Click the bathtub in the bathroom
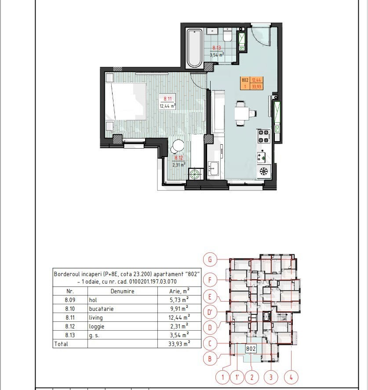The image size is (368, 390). click(194, 48)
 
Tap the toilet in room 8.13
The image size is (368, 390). click(227, 35)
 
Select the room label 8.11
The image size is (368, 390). click(168, 99)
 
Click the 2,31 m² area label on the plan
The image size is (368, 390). click(179, 164)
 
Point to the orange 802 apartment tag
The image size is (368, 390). click(251, 83)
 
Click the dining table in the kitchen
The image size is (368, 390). click(242, 113)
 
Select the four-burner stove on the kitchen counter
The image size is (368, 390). click(263, 136)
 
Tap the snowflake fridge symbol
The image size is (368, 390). click(263, 171)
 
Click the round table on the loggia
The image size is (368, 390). click(179, 146)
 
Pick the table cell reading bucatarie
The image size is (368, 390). click(101, 309)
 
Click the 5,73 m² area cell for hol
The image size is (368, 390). click(179, 300)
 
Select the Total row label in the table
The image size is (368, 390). click(61, 344)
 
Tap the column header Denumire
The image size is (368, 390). click(122, 291)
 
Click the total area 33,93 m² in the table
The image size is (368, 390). click(179, 344)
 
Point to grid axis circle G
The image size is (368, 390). click(210, 259)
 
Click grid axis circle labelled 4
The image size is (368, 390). click(291, 377)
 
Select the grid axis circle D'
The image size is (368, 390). click(210, 312)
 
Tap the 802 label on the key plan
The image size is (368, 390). click(251, 349)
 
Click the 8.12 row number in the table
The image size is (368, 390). click(70, 326)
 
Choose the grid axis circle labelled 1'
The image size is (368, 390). click(237, 377)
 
